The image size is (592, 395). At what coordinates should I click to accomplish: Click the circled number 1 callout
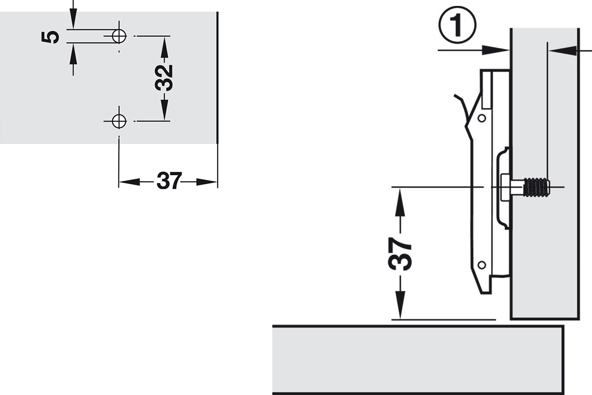457,25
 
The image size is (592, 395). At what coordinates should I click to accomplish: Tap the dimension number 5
50,37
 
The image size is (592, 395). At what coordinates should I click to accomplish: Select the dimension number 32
164,78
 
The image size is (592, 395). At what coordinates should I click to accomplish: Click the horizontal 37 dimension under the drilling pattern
169,181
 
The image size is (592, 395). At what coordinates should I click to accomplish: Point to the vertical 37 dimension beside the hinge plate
400,254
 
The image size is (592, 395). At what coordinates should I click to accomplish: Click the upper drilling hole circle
119,36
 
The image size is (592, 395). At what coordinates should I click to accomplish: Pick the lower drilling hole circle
119,121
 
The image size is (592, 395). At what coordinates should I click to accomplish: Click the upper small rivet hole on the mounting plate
482,118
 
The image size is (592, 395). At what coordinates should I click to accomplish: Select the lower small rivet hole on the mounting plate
482,265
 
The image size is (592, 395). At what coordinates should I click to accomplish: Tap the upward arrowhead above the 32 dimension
164,50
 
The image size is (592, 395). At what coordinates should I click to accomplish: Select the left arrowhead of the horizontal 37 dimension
129,182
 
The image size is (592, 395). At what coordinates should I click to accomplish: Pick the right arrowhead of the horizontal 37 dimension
207,182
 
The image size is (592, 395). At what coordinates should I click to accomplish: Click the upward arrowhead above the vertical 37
400,202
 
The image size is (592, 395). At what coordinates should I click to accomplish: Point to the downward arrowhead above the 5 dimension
73,19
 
